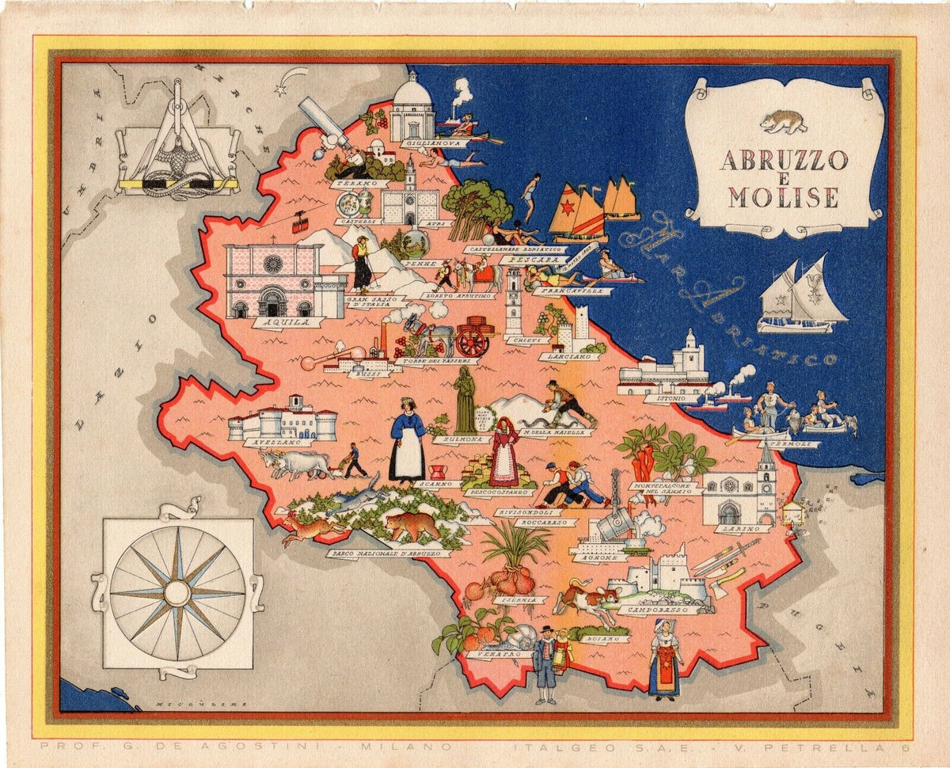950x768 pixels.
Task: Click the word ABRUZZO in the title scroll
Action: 782,160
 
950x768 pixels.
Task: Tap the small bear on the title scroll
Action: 783,121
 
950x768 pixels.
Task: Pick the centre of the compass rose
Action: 177,592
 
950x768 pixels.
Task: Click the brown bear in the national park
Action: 412,524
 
